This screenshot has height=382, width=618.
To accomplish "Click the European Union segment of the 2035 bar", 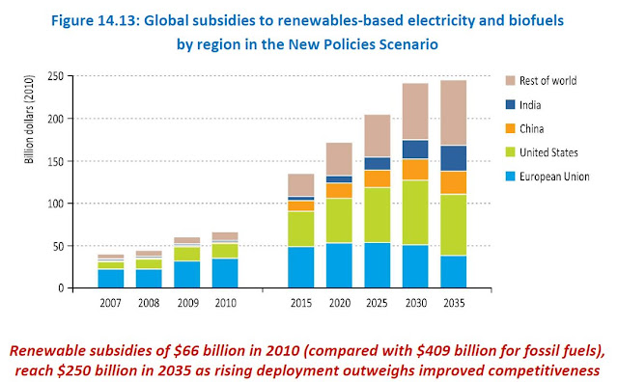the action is click(453, 272).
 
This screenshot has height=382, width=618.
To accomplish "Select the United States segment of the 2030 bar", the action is click(415, 212).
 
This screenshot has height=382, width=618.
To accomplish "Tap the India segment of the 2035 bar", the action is click(453, 158).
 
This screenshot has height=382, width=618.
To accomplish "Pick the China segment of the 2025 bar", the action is click(378, 178).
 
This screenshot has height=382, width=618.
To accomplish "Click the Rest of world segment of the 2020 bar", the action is click(339, 159).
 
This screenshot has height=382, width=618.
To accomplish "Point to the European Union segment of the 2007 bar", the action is click(111, 279).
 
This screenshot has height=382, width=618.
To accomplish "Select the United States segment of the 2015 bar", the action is click(301, 230).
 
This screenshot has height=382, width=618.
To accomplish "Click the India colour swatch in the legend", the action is click(511, 104).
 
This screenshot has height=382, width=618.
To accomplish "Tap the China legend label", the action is click(532, 128).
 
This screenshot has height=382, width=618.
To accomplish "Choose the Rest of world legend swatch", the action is click(511, 80).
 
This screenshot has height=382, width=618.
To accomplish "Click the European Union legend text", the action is click(554, 177).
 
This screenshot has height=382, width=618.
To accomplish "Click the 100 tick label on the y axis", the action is click(56, 204).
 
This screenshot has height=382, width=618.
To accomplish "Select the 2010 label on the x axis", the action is click(226, 303).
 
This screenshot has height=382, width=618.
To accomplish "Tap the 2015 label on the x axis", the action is click(301, 303).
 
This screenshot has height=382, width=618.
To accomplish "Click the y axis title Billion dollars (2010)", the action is click(29, 119).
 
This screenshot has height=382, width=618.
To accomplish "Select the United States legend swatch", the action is click(511, 152).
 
